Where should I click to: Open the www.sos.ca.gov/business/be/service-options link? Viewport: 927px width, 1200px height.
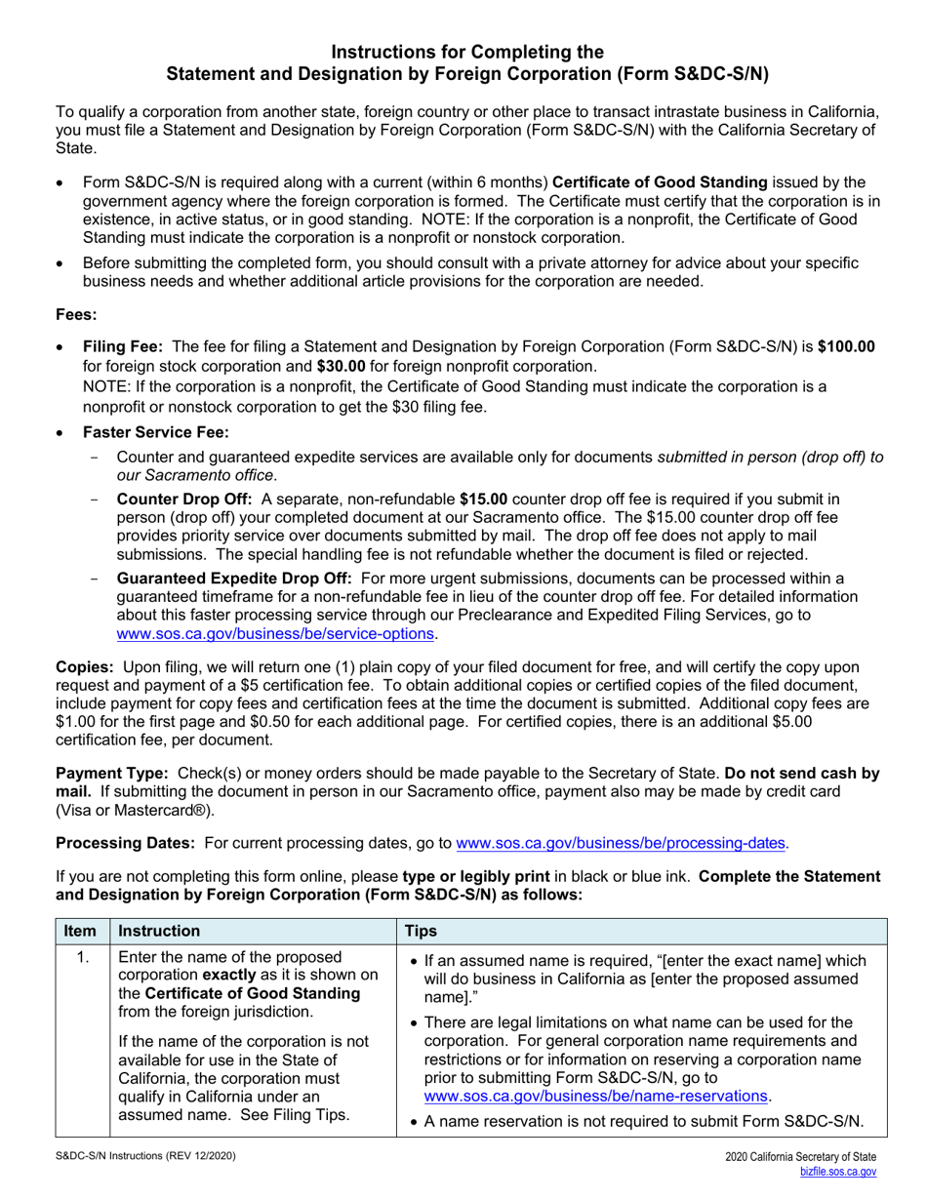(275, 633)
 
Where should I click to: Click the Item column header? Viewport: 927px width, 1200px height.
(81, 932)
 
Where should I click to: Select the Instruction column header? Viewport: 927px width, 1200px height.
(159, 932)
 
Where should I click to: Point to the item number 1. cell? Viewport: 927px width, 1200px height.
(82, 958)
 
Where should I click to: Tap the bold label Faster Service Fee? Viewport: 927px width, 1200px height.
(156, 432)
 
